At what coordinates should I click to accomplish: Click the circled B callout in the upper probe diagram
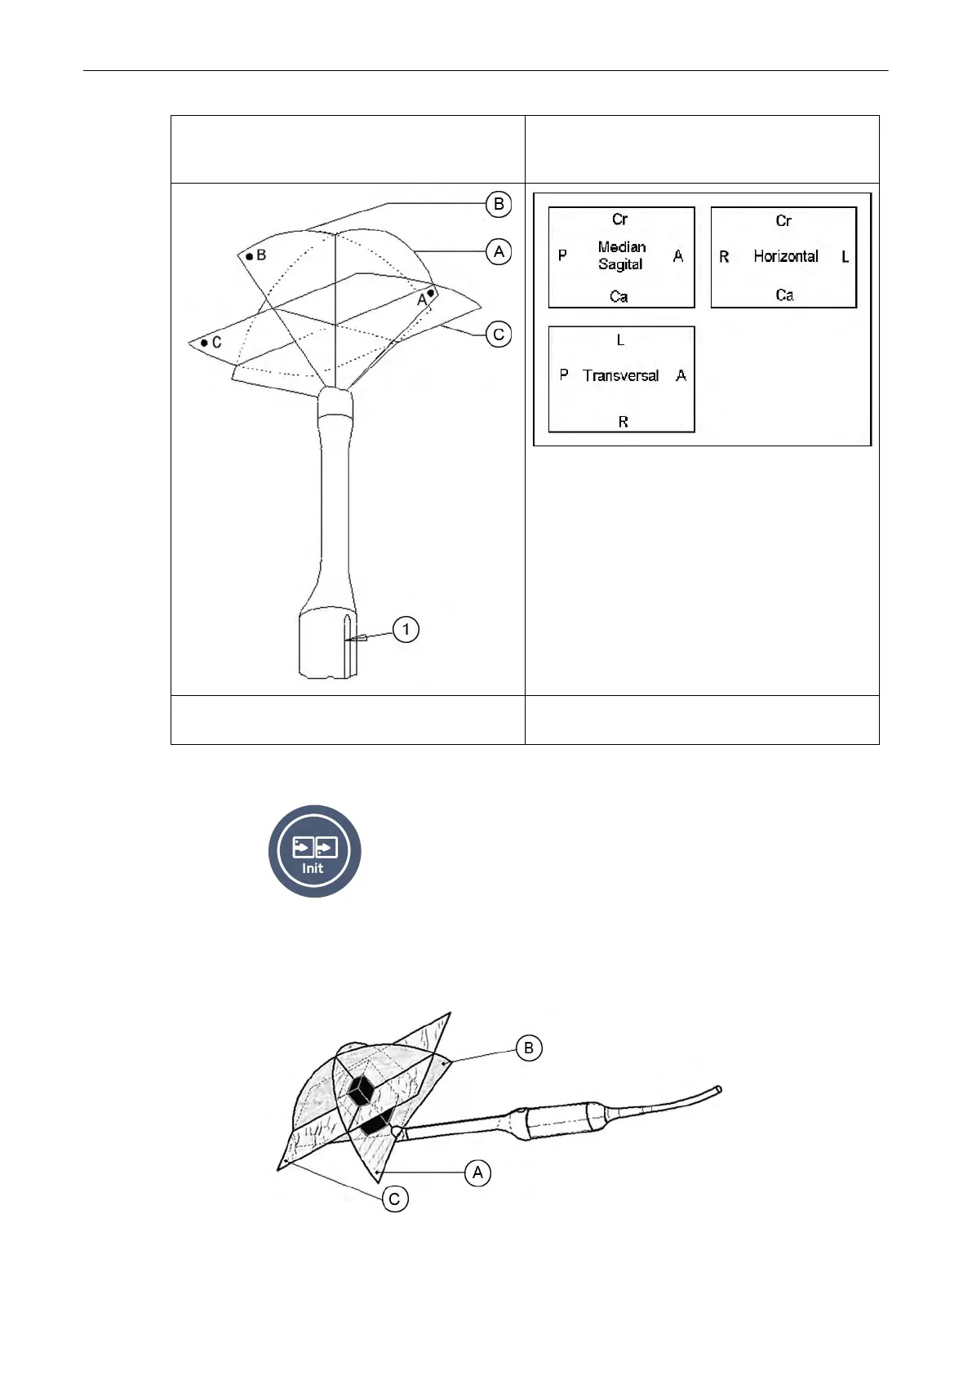499,204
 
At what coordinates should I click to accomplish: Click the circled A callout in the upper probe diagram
499,251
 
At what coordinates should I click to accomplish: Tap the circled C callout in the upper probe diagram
499,335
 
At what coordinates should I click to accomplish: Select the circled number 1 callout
406,629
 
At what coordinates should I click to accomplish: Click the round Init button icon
314,851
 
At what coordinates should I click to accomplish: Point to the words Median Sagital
621,255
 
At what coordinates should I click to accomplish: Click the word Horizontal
785,256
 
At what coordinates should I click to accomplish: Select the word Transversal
621,375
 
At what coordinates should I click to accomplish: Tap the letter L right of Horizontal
845,257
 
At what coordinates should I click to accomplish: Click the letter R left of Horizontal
724,257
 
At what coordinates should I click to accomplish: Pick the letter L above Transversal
620,340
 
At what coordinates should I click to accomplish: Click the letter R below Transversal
623,422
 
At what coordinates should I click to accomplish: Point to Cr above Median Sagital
620,219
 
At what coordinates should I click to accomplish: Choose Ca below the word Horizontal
784,295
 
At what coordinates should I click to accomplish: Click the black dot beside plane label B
250,256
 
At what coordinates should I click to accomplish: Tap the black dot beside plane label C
204,343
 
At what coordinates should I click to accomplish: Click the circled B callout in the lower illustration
529,1048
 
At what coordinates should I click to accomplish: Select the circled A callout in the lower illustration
477,1173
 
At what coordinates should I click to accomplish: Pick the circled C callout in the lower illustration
394,1199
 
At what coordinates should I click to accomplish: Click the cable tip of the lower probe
718,1088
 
